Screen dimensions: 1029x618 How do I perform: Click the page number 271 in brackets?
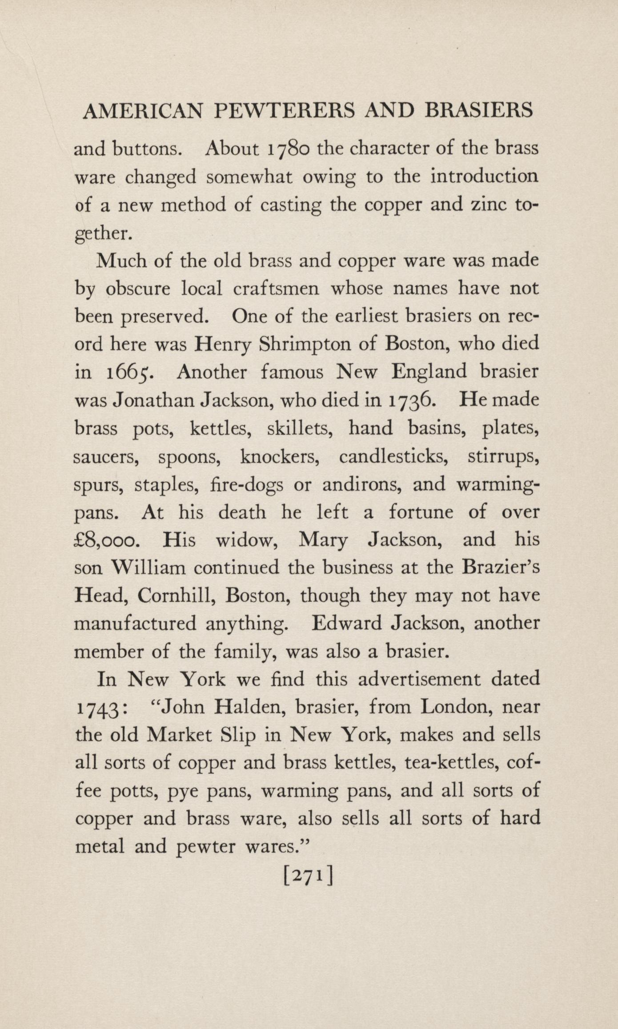click(308, 877)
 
